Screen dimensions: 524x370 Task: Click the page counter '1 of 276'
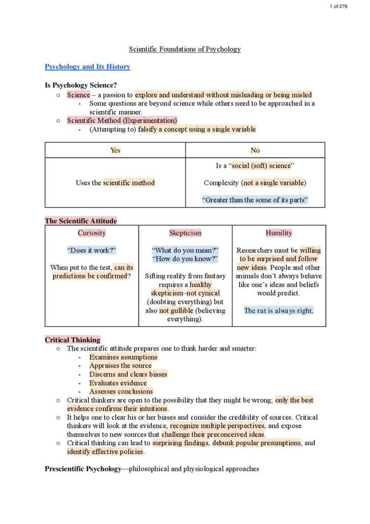click(339, 6)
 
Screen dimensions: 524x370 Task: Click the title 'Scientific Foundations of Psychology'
click(184, 49)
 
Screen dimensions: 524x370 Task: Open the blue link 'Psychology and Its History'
click(87, 67)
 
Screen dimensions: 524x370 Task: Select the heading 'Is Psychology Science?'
click(80, 85)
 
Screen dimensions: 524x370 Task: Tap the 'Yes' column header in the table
click(115, 150)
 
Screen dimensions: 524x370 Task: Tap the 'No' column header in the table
click(255, 150)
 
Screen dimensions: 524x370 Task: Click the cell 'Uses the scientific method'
click(115, 183)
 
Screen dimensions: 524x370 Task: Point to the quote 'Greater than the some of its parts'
click(255, 200)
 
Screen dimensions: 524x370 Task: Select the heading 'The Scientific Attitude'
click(81, 221)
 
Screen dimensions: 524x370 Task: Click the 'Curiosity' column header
click(91, 233)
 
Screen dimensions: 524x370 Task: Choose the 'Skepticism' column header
click(185, 233)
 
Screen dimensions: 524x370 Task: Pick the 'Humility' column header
click(279, 233)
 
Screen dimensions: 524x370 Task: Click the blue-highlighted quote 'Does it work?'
click(91, 250)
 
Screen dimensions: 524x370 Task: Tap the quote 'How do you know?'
click(185, 259)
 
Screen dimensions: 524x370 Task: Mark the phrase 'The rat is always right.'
click(279, 311)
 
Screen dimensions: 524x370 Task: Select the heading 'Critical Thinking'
click(73, 340)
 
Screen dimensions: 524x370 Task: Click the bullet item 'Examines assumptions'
click(123, 357)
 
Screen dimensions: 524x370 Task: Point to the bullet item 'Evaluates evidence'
click(118, 383)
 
